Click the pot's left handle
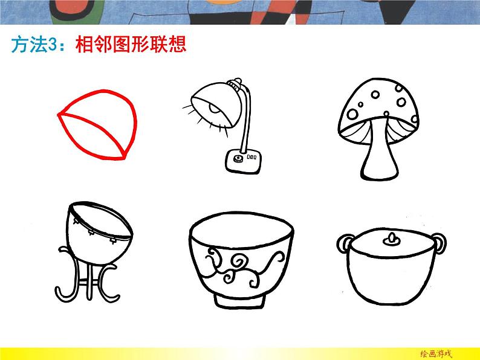(x=343, y=243)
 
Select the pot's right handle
(x=440, y=243)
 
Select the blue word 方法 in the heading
(x=29, y=47)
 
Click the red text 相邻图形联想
(x=131, y=47)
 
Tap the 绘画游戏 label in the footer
(x=435, y=353)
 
